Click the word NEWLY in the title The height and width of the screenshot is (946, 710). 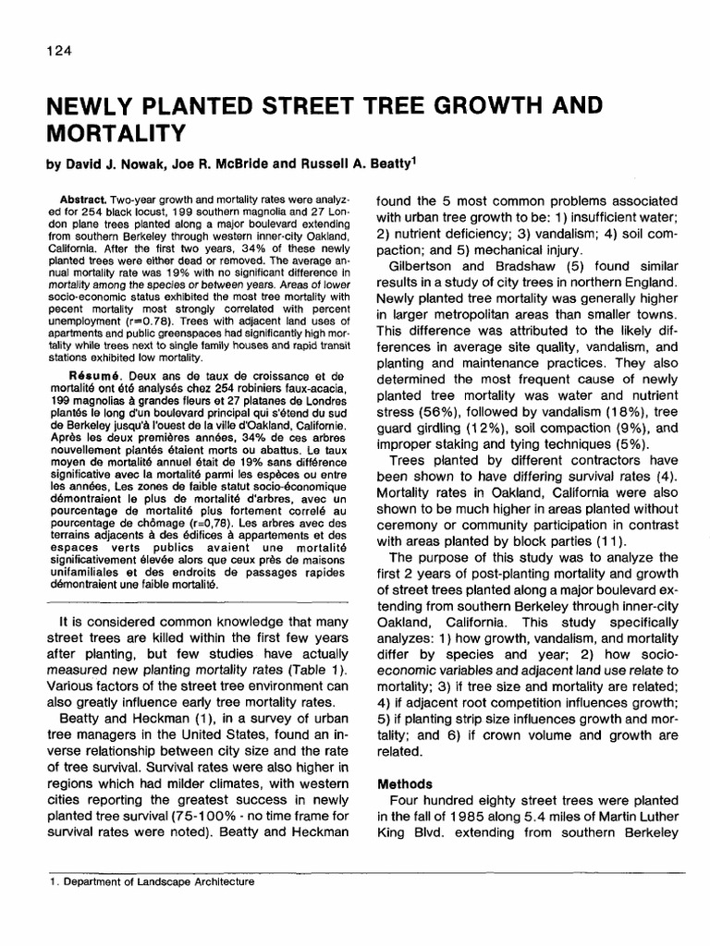coord(92,104)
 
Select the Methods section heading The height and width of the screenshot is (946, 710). coord(405,784)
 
